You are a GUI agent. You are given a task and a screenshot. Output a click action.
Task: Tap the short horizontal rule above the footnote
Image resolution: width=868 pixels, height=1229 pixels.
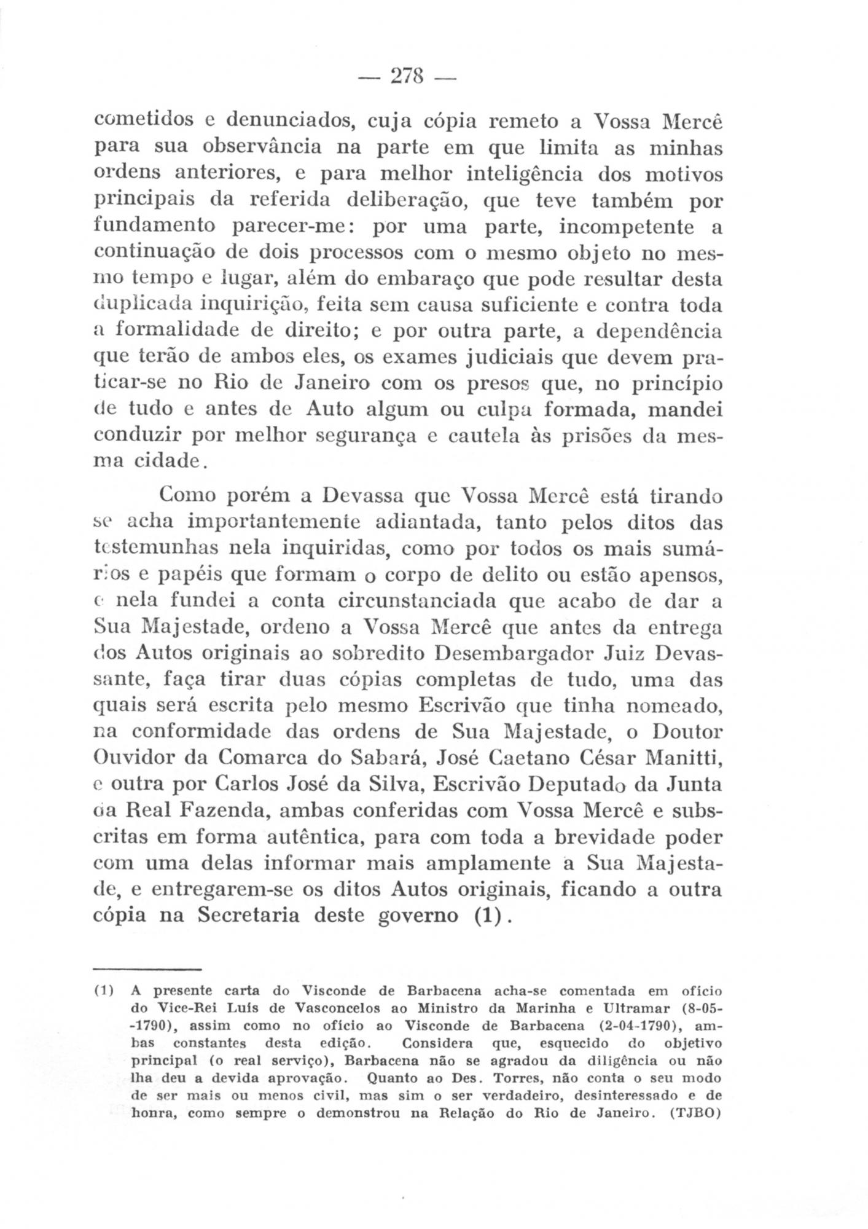coord(148,970)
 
